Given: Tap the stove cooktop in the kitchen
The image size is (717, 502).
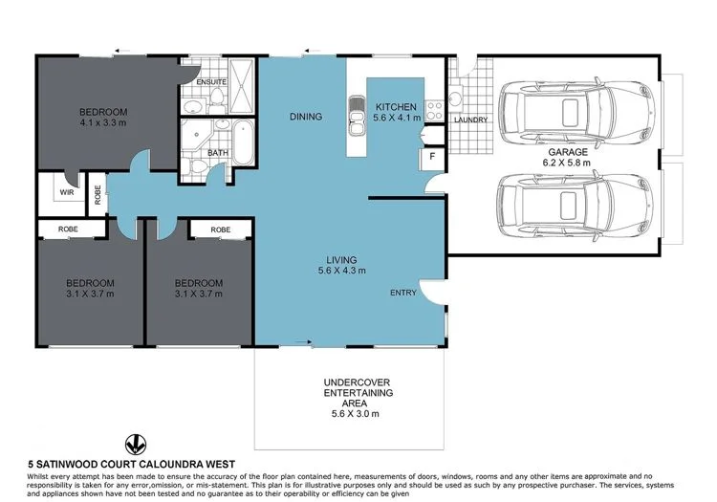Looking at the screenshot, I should (x=432, y=108).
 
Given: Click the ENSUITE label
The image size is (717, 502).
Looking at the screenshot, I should (x=210, y=83).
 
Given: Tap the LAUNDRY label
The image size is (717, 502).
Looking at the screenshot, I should (x=471, y=120).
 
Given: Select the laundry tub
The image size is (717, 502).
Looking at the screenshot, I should (x=456, y=98).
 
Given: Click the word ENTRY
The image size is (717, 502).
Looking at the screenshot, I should (x=402, y=293).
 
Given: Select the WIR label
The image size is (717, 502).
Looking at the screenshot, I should (x=66, y=191).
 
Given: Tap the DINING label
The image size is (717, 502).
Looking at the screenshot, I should (x=306, y=117).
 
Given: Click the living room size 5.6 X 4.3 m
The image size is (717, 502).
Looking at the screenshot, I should (x=341, y=272).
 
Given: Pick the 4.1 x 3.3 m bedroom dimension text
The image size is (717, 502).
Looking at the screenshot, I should (x=103, y=123).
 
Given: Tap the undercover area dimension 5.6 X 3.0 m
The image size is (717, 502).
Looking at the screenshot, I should (x=349, y=414).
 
